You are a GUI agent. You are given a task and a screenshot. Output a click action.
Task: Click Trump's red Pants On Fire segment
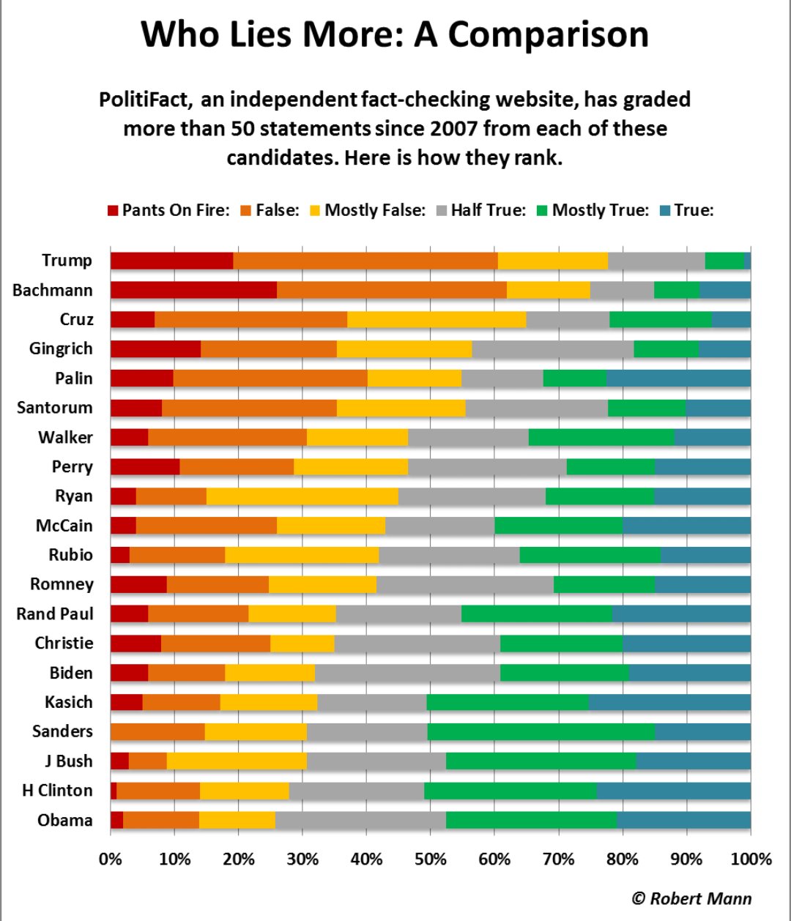(171, 261)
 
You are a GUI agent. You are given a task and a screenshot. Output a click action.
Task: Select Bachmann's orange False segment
(391, 290)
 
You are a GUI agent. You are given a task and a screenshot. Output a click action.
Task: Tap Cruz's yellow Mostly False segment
(437, 319)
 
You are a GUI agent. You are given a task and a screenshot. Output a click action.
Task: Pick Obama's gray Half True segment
(360, 820)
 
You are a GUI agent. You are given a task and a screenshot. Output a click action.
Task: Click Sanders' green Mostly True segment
(541, 731)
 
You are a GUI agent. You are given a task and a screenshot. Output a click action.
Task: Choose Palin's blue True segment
(678, 379)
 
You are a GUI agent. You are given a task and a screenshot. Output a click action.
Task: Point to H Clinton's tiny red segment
(114, 791)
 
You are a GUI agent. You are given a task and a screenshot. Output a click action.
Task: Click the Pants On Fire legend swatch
(112, 211)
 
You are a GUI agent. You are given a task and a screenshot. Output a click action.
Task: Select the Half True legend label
(488, 210)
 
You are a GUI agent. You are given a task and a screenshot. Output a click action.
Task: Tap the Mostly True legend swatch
(542, 211)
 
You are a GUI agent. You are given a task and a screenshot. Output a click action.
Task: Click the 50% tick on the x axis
(431, 859)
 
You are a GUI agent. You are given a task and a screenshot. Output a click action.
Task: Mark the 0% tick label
(111, 859)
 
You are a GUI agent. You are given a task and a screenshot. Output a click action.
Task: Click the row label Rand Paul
(55, 614)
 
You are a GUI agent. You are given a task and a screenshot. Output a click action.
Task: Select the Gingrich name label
(61, 348)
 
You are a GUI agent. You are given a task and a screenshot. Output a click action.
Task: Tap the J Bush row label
(68, 761)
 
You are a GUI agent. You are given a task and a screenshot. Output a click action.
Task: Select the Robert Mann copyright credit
(691, 898)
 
